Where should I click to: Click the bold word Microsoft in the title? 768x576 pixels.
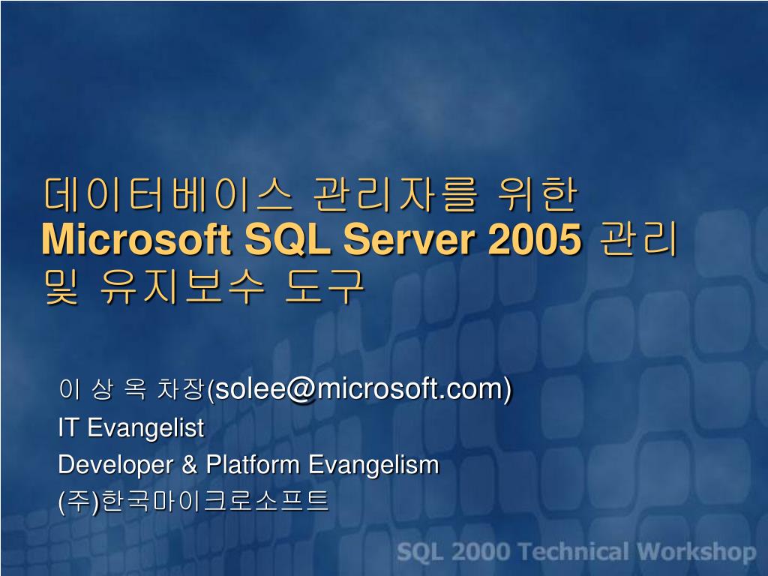pyautogui.click(x=136, y=239)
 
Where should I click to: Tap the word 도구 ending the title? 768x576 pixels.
pyautogui.click(x=325, y=285)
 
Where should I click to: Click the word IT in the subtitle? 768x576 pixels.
pyautogui.click(x=70, y=428)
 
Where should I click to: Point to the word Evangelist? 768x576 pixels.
pyautogui.click(x=145, y=428)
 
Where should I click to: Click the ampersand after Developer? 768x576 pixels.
pyautogui.click(x=189, y=465)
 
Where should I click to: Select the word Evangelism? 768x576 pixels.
pyautogui.click(x=373, y=465)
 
